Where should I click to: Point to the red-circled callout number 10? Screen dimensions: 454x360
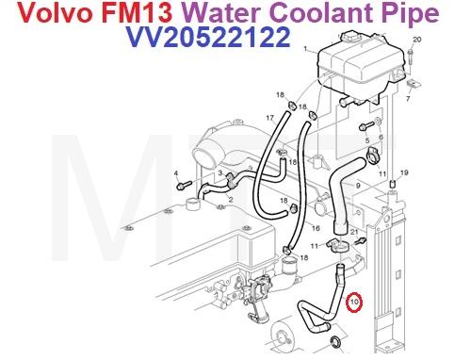355,303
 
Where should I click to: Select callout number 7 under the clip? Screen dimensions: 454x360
409,97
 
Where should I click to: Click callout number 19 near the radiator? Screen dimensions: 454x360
404,172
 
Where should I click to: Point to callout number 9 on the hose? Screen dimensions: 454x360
358,187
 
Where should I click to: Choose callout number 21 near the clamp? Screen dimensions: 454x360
354,231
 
